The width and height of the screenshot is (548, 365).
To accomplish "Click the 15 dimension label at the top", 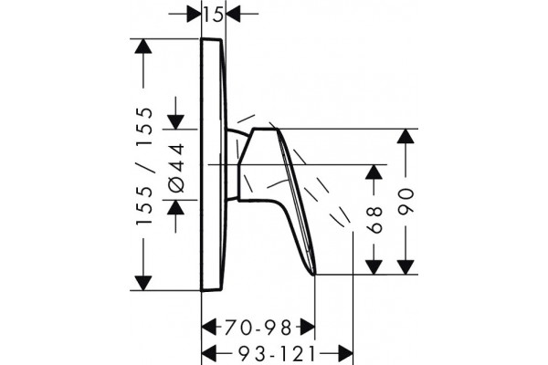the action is (x=214, y=15).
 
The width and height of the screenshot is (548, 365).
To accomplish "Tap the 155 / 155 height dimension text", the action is (x=144, y=166).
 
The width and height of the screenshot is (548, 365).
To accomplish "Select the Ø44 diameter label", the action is (x=176, y=168).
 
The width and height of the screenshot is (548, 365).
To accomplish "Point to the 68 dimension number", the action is (x=374, y=219).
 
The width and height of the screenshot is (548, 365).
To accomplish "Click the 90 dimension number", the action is (x=406, y=201).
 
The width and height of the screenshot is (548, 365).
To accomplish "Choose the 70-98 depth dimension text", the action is (x=258, y=328).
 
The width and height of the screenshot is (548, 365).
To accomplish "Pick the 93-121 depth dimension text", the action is (x=277, y=355).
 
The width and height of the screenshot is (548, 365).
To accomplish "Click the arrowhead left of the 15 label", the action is (x=194, y=14).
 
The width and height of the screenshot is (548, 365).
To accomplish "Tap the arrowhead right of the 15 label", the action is (x=234, y=14).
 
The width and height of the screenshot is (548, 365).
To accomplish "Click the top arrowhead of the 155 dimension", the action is (x=143, y=46).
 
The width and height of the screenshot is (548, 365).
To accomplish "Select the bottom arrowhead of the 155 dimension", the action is (x=143, y=283).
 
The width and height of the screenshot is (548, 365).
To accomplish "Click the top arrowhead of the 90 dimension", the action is (x=406, y=136).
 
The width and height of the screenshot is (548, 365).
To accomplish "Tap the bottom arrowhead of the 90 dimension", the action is (x=406, y=266).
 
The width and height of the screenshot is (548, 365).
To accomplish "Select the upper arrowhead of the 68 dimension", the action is (x=374, y=172).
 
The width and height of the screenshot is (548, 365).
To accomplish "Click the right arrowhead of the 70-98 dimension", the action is (x=307, y=328).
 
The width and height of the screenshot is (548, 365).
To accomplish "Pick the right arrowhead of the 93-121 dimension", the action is (x=345, y=353).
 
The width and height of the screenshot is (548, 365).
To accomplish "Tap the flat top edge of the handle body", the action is (x=266, y=130).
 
